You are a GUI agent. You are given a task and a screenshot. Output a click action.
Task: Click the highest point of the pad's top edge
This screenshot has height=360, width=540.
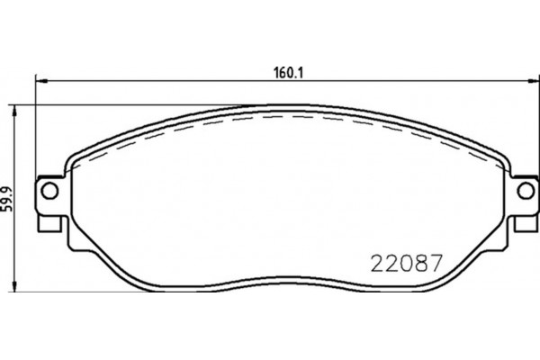coord(286,106)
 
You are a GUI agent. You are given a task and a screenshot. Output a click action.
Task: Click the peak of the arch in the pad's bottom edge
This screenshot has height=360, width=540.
coord(286,272)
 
